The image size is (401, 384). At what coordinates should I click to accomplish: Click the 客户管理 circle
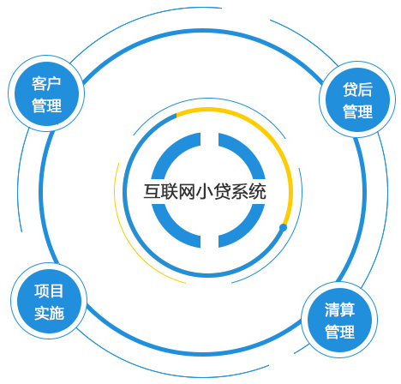pyautogui.click(x=46, y=93)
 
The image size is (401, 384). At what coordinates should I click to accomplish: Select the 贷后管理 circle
pyautogui.click(x=357, y=99)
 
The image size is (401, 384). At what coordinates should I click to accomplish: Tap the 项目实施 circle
pyautogui.click(x=49, y=301)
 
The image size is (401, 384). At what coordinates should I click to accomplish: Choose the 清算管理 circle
pyautogui.click(x=339, y=320)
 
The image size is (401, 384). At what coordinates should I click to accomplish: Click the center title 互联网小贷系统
pyautogui.click(x=205, y=192)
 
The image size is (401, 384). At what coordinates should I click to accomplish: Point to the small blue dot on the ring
pyautogui.click(x=283, y=228)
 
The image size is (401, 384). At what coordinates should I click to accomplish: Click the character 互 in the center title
pyautogui.click(x=152, y=192)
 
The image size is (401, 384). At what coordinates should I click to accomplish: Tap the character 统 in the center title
pyautogui.click(x=258, y=192)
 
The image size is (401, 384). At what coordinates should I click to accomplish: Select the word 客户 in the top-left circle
pyautogui.click(x=46, y=83)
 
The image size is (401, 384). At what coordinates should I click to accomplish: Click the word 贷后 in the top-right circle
pyautogui.click(x=357, y=89)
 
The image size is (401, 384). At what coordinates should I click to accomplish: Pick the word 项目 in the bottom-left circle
pyautogui.click(x=49, y=291)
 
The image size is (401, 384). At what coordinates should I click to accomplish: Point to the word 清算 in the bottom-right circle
pyautogui.click(x=339, y=309)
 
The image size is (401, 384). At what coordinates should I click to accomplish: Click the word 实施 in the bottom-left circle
pyautogui.click(x=49, y=313)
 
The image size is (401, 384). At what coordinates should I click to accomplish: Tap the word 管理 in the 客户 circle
pyautogui.click(x=46, y=105)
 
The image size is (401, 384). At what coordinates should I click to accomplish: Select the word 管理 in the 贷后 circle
pyautogui.click(x=357, y=111)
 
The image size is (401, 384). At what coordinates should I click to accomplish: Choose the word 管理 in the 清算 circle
pyautogui.click(x=340, y=332)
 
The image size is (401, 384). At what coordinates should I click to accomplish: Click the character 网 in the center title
pyautogui.click(x=187, y=192)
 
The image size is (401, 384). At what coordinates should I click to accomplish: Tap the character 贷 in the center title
pyautogui.click(x=223, y=192)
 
